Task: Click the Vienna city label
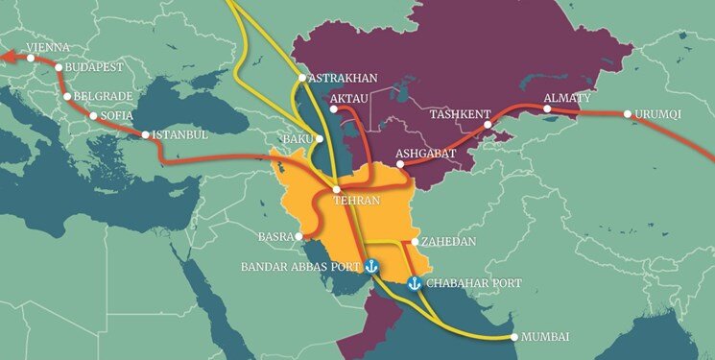(48, 46)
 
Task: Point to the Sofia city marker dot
(91, 117)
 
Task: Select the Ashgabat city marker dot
(400, 164)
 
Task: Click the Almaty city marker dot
(547, 110)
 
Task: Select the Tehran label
(356, 202)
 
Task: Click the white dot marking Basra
(300, 235)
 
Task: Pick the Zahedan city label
(450, 242)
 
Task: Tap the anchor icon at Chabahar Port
(415, 283)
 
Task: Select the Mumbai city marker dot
(514, 337)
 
